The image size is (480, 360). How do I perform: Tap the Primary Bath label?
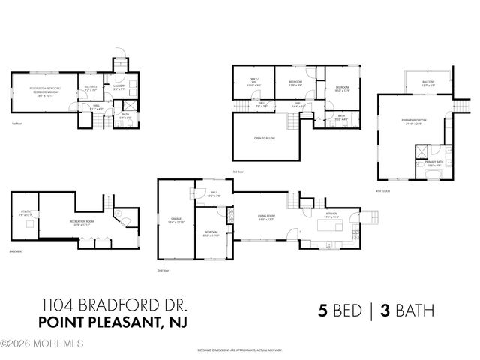tap(433, 163)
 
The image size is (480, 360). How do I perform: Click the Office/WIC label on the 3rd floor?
tap(253, 82)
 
